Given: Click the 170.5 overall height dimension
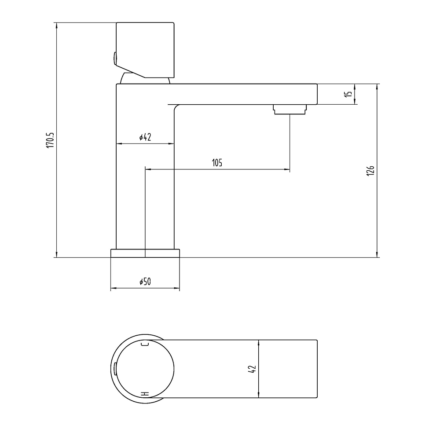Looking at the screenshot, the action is [x=50, y=140].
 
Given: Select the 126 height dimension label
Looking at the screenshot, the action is [x=370, y=171].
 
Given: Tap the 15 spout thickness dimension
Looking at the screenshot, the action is [x=348, y=94].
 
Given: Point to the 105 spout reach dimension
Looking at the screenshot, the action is [x=217, y=163].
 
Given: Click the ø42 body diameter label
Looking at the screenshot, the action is [x=145, y=137].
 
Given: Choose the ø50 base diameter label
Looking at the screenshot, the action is [x=145, y=282].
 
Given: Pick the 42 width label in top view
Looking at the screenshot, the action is [x=252, y=369].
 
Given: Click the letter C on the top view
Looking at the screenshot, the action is [x=145, y=344].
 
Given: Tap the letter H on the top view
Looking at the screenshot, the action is [x=145, y=394].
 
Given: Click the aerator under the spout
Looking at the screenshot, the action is [x=290, y=110].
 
